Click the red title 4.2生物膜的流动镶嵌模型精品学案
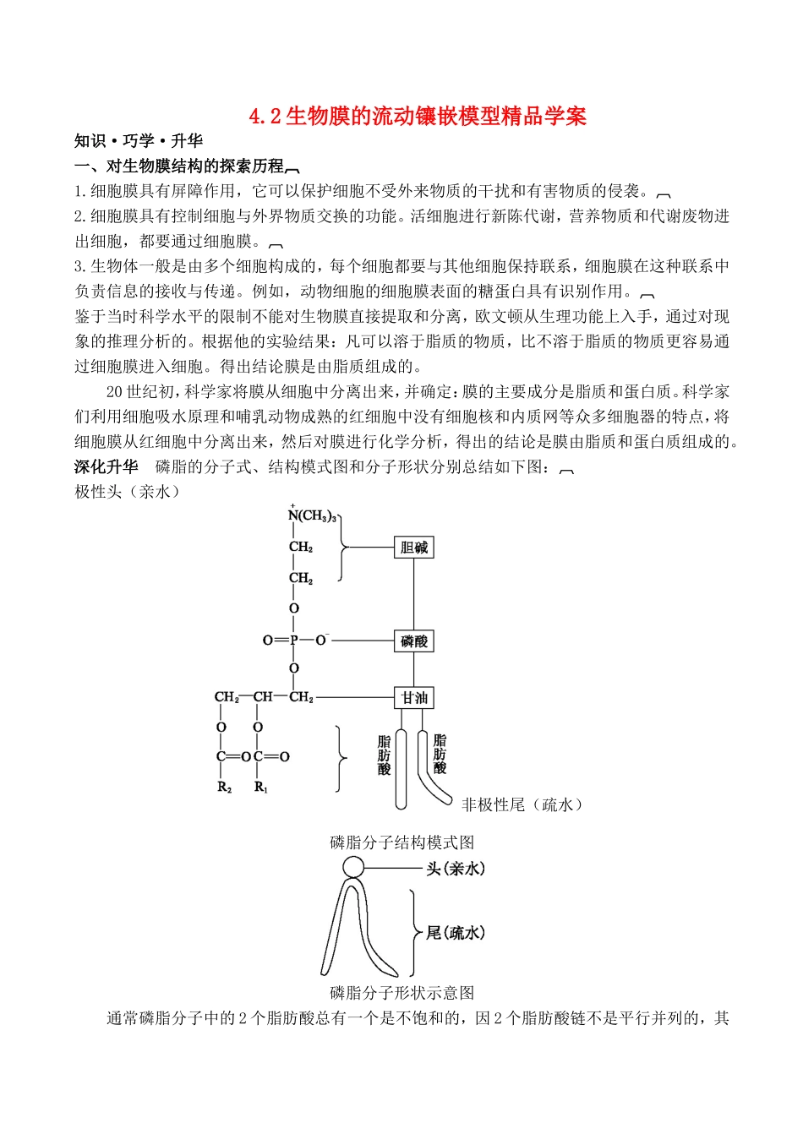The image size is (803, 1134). click(418, 116)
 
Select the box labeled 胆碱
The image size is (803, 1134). click(413, 548)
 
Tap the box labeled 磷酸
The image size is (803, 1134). click(413, 641)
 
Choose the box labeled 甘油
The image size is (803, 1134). click(413, 698)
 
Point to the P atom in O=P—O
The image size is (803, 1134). click(294, 641)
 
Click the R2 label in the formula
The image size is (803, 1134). click(224, 788)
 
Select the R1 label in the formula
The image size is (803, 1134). click(260, 788)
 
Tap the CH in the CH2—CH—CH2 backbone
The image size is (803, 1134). click(262, 697)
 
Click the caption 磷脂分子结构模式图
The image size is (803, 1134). click(401, 842)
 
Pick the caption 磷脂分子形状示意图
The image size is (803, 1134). click(401, 993)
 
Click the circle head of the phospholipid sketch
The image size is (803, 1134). click(353, 867)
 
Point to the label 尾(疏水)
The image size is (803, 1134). click(455, 933)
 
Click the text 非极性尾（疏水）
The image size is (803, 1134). click(522, 805)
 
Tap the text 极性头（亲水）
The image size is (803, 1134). click(128, 492)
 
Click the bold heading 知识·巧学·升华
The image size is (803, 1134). click(139, 141)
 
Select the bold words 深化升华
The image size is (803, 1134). click(106, 466)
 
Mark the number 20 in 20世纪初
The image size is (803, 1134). click(116, 391)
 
